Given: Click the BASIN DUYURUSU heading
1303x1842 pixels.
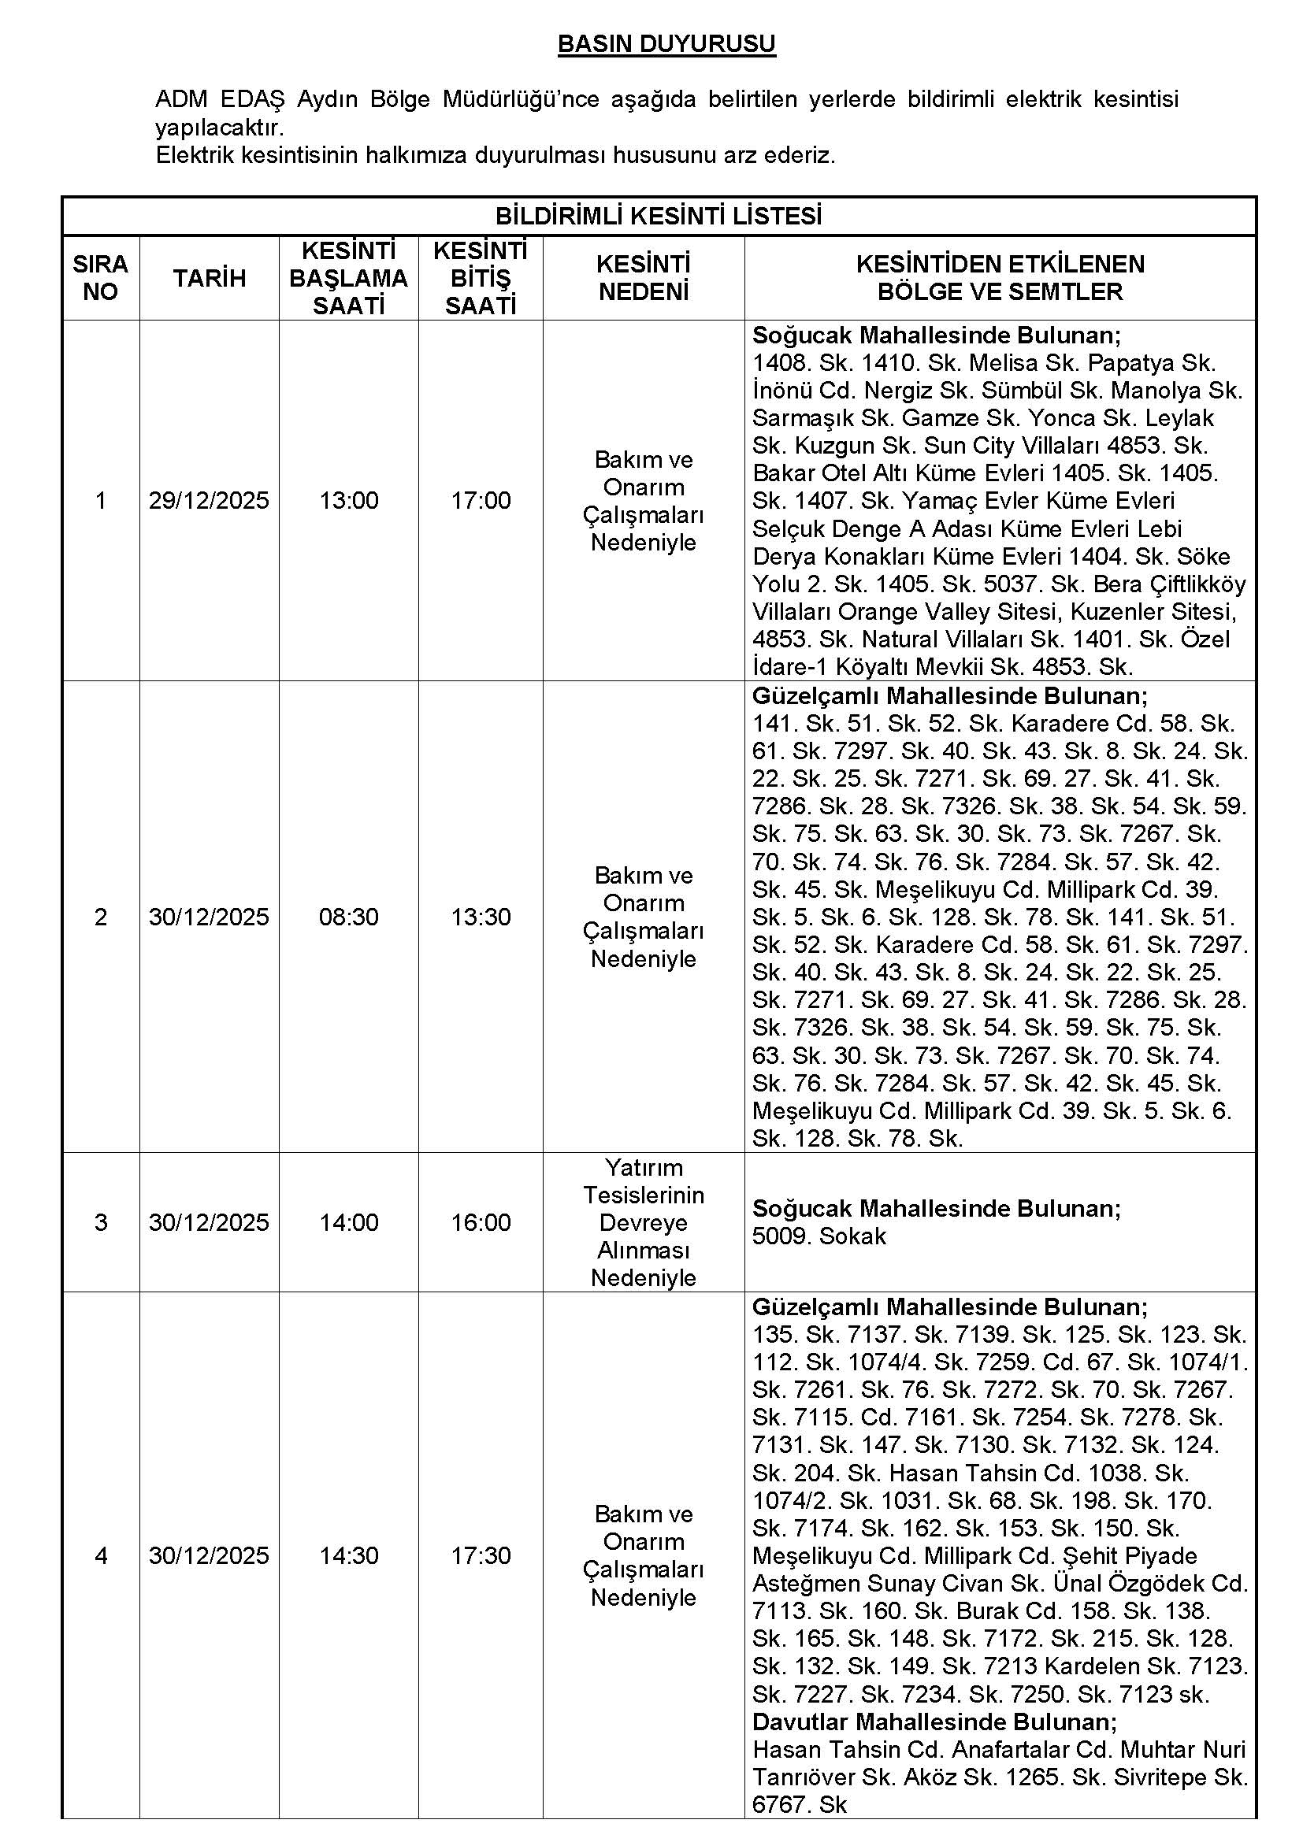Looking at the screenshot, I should point(666,44).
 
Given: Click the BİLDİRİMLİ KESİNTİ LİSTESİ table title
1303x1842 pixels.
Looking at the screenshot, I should point(658,217).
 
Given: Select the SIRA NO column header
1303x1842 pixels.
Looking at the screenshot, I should point(100,278).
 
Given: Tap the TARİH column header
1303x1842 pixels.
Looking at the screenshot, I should point(210,278).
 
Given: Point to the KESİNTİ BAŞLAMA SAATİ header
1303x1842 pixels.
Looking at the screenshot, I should point(348,278).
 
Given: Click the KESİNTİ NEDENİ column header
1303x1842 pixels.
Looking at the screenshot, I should point(644,278).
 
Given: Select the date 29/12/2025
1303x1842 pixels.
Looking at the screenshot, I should point(209,501).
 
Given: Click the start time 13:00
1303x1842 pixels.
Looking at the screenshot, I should point(348,501).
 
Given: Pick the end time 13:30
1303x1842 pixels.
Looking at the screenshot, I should point(481,917).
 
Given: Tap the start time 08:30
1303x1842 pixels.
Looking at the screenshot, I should point(348,917).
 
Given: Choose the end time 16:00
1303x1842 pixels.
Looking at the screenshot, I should point(481,1223).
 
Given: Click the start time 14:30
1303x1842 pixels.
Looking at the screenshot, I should point(348,1555).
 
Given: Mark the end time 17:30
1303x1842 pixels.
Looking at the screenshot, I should point(481,1555).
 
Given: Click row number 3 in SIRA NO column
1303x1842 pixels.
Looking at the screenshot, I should point(100,1223).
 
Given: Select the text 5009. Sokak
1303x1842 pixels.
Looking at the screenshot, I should point(819,1236).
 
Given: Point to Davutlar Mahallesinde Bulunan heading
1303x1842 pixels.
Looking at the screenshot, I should point(934,1722).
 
